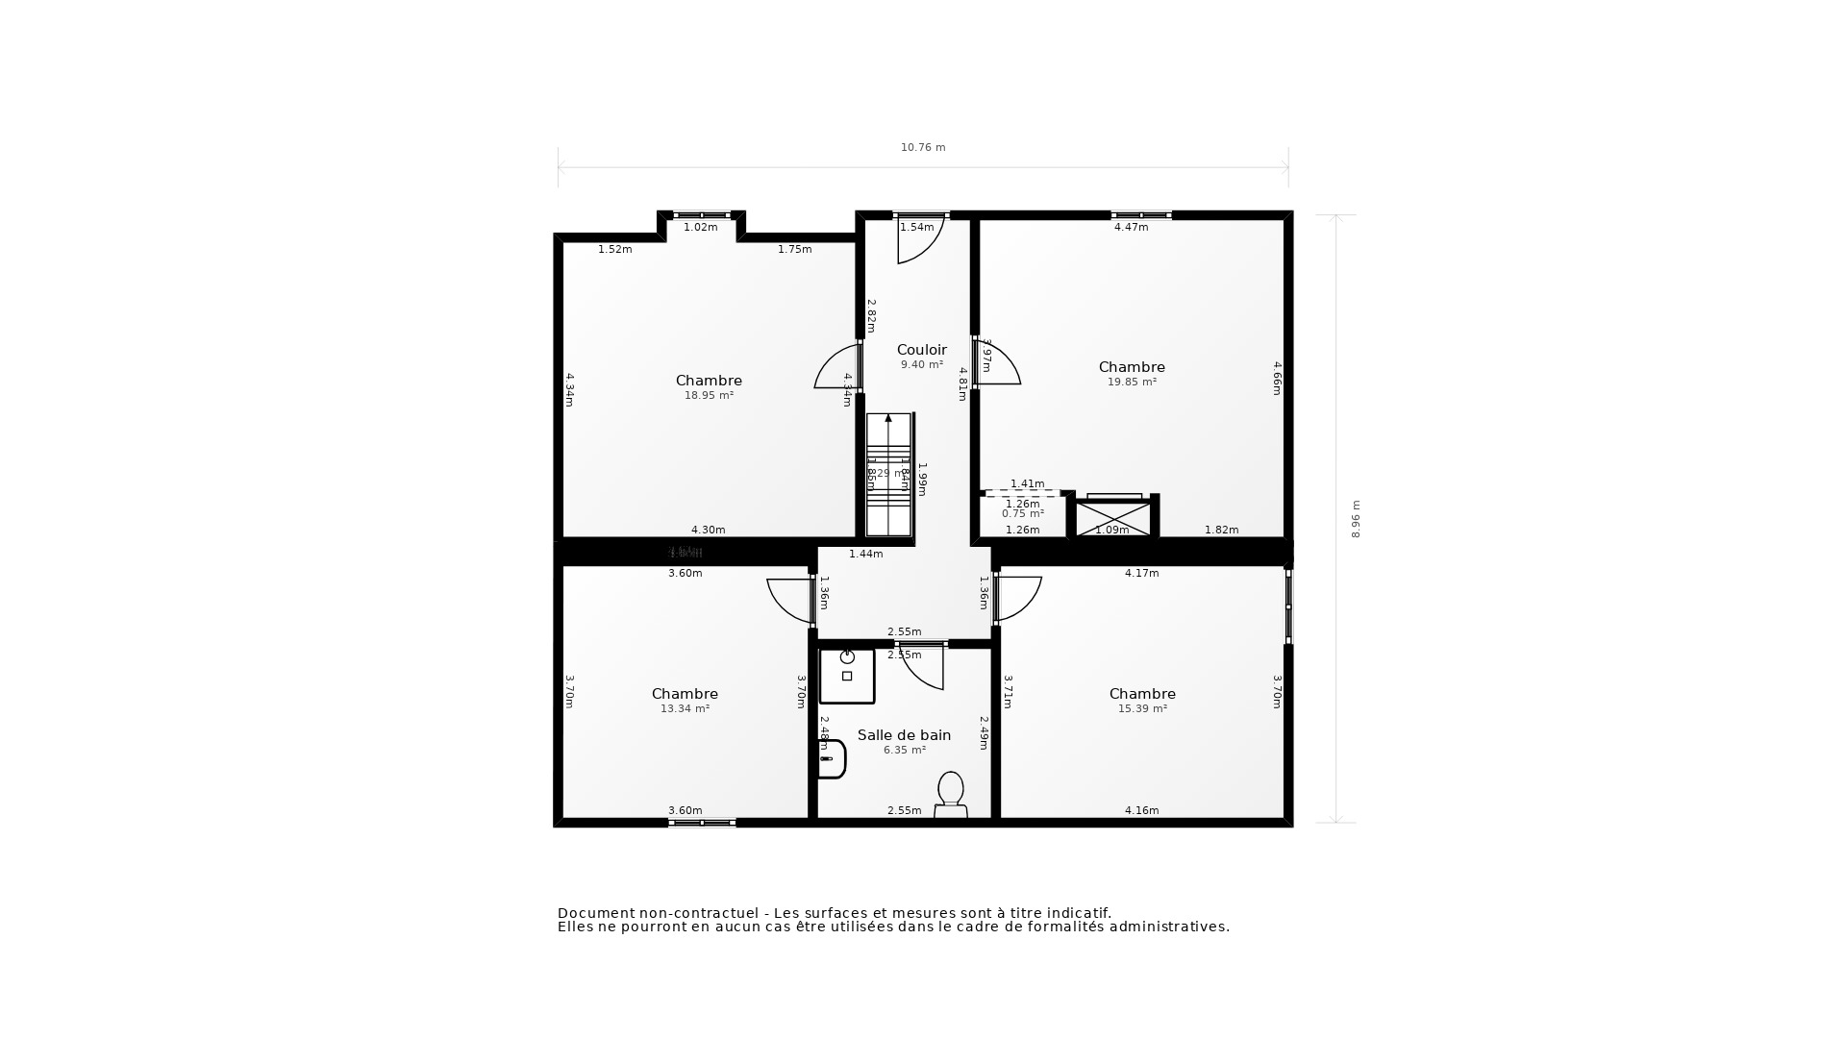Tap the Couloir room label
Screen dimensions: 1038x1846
(922, 350)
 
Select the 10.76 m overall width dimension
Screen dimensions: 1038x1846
(923, 148)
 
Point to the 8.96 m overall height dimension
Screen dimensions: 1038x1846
(1356, 519)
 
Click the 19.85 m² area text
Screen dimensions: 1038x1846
(1132, 383)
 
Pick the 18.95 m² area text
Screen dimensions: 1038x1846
(709, 396)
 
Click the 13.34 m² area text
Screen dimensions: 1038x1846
(685, 709)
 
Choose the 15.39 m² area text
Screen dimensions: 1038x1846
(1142, 709)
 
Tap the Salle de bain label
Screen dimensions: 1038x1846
(904, 735)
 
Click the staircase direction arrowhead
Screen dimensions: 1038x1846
(888, 418)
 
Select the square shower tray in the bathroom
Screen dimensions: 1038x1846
(846, 676)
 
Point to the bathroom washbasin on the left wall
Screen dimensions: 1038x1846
(832, 758)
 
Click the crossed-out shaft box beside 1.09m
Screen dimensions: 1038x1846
(1112, 518)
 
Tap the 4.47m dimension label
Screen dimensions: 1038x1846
(1131, 228)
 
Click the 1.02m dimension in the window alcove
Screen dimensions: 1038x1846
(700, 228)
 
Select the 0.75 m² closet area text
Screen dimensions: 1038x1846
(1022, 514)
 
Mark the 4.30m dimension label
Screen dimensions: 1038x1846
(708, 531)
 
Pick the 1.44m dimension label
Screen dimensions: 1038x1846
(865, 555)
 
